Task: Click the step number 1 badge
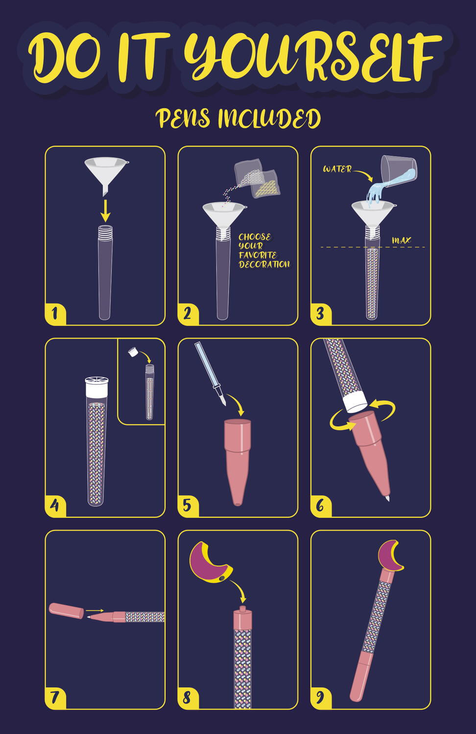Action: coord(55,314)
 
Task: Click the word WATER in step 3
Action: coord(337,169)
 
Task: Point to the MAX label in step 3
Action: coord(401,241)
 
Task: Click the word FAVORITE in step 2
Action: coord(258,255)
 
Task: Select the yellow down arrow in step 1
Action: coord(105,211)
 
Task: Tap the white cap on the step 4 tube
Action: coord(96,387)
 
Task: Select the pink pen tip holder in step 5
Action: coord(238,462)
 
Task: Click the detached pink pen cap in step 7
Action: coord(66,611)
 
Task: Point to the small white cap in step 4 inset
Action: coord(132,352)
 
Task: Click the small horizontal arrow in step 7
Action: coord(95,611)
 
